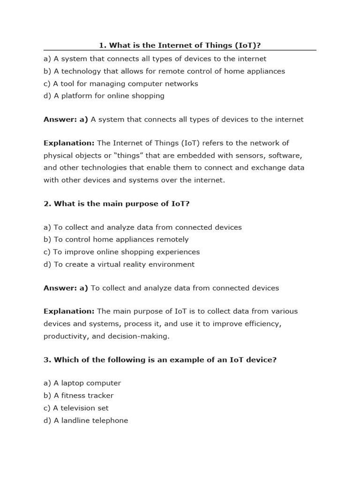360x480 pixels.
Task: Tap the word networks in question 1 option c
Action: [x=179, y=83]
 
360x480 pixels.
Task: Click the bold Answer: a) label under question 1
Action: [x=66, y=120]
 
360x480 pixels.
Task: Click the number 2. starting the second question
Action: [x=47, y=203]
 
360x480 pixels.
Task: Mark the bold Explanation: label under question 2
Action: [x=69, y=311]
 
